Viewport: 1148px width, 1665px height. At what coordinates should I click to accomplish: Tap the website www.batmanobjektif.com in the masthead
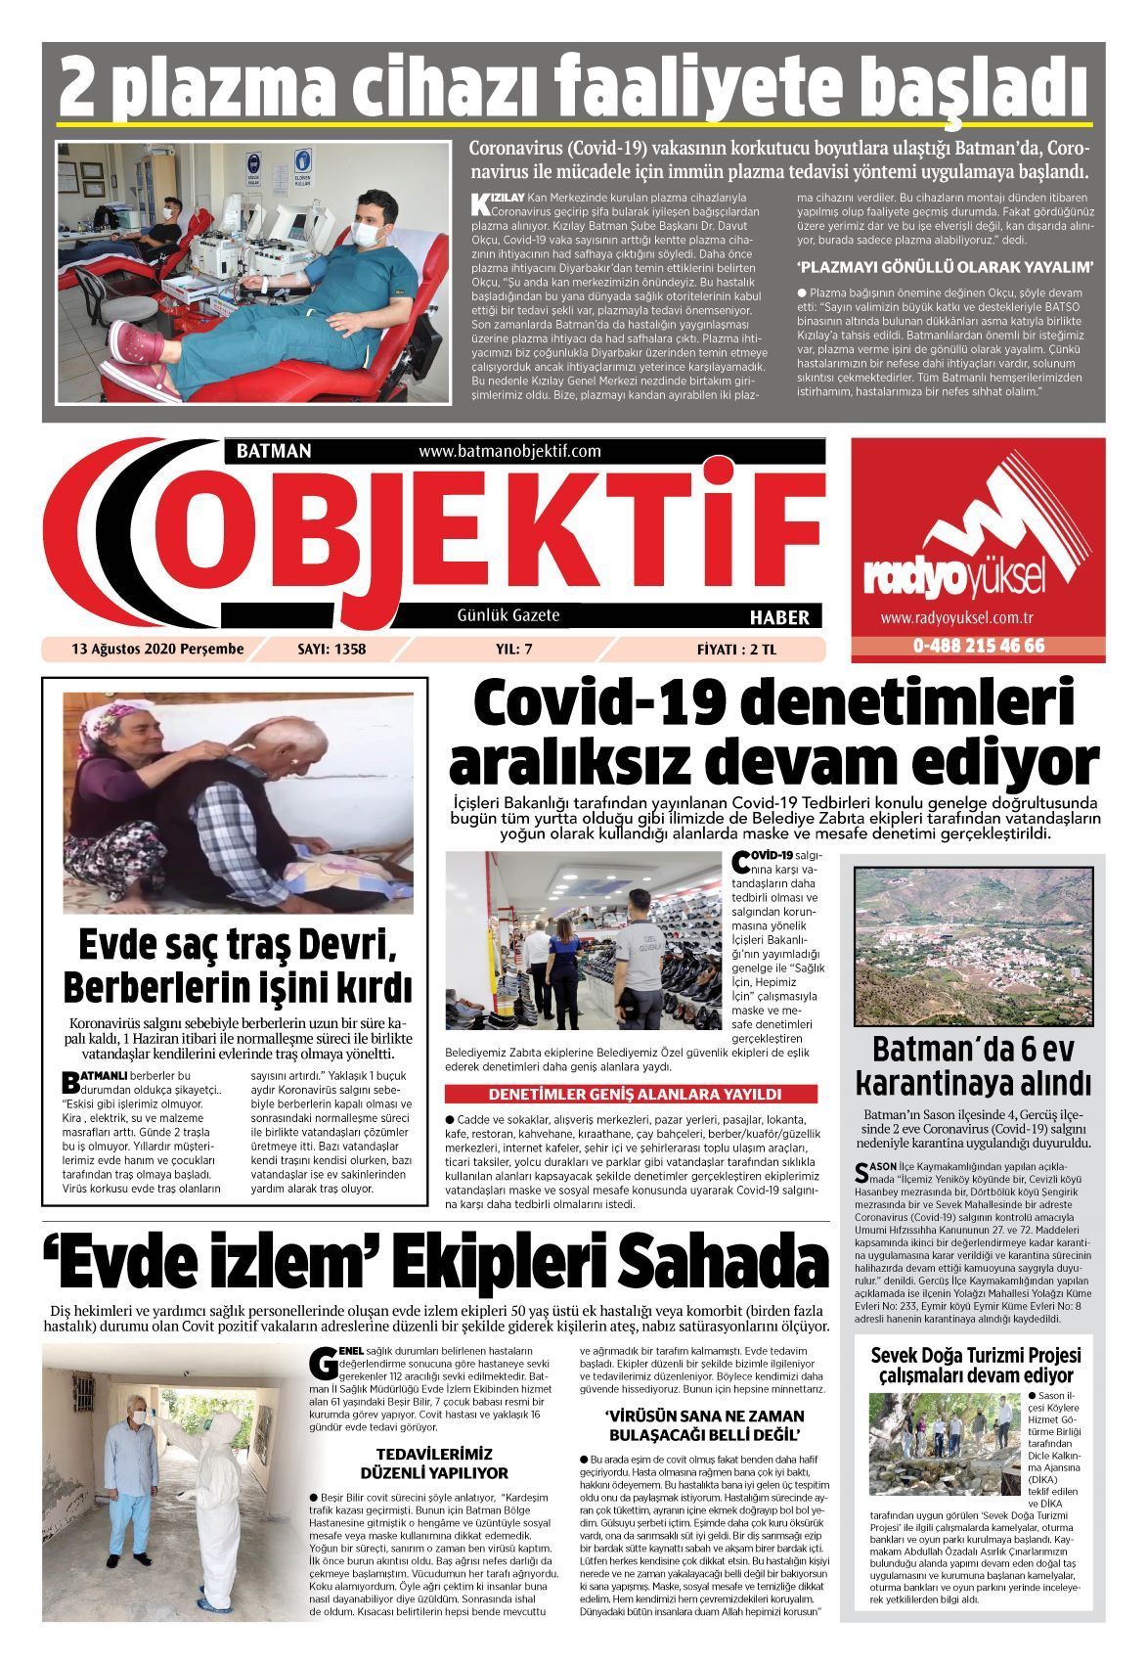point(508,451)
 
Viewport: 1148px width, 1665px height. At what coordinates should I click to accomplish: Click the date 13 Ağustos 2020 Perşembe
point(156,649)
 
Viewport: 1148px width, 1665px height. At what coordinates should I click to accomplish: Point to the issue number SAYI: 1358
point(331,649)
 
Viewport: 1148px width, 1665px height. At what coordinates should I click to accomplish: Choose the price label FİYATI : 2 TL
point(735,649)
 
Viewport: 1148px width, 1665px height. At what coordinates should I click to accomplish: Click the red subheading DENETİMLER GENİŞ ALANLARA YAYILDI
point(635,1094)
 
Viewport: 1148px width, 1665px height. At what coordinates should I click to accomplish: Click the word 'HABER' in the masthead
point(778,617)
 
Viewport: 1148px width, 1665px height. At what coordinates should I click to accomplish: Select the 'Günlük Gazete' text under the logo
point(508,615)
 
